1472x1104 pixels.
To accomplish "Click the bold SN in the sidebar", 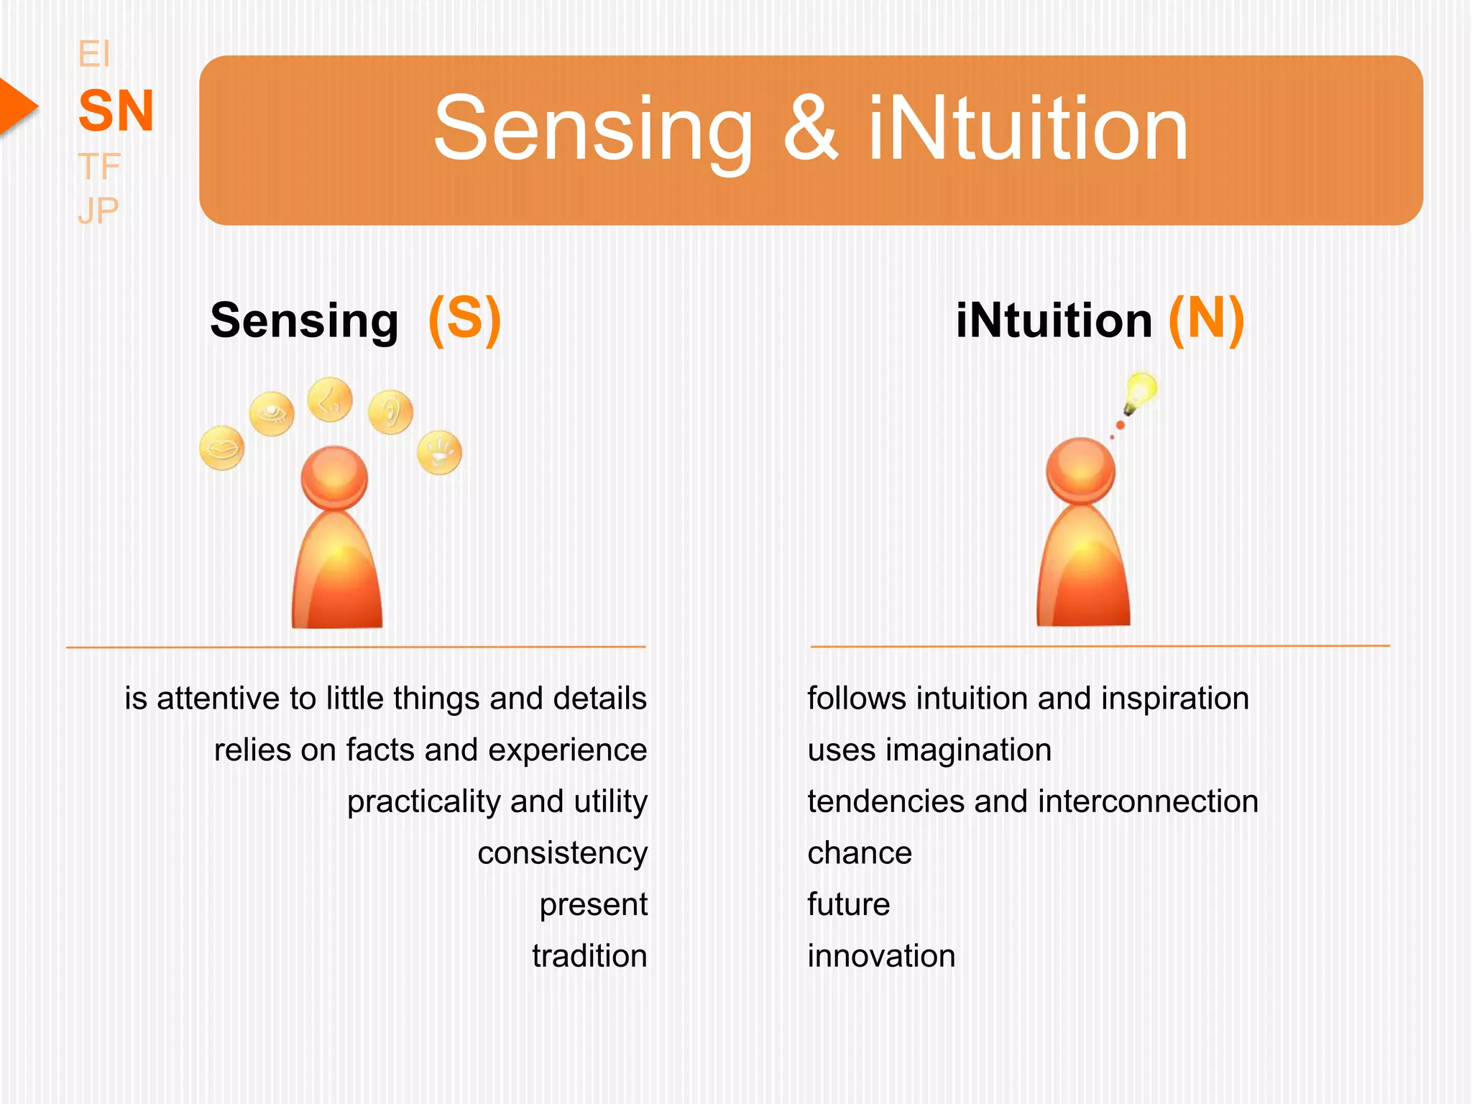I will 116,111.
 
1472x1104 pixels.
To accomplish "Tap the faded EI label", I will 93,55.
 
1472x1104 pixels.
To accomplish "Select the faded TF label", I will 98,167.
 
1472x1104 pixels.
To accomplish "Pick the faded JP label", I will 98,211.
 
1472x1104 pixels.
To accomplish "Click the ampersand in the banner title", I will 810,129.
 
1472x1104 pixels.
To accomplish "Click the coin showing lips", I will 221,448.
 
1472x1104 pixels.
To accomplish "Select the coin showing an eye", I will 272,413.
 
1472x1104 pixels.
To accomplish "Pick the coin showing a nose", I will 330,400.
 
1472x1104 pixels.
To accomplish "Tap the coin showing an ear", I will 390,412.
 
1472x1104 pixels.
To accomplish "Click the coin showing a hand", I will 439,452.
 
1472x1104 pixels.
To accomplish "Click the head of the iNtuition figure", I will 1080,470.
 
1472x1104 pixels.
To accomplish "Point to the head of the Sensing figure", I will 334,477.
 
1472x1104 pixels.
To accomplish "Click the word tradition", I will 589,956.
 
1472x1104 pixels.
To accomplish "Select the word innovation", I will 881,956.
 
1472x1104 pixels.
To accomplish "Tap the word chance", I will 860,853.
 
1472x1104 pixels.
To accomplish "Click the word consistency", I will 562,853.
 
